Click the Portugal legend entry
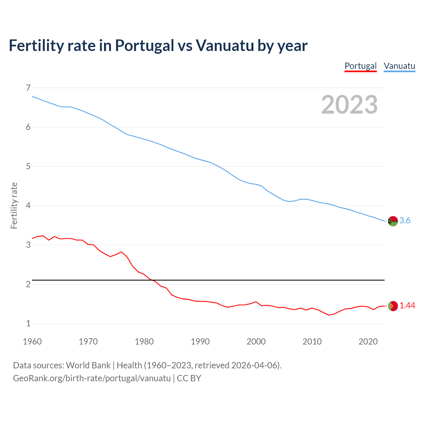pos(360,66)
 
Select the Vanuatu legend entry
pos(399,66)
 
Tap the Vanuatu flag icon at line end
pos(393,221)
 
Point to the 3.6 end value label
pos(405,221)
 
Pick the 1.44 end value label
pos(407,306)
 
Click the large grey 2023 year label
pos(349,105)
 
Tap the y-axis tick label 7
pos(28,88)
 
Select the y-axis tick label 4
pos(28,206)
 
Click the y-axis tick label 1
pos(28,324)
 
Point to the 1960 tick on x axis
pos(32,342)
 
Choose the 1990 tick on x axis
pos(200,342)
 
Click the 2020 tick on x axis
pos(368,342)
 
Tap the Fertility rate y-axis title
pos(14,205)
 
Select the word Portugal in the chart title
pos(144,45)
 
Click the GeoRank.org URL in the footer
pos(92,378)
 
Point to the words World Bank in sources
pos(88,365)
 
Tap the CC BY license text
pos(189,378)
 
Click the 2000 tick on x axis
pos(256,342)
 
